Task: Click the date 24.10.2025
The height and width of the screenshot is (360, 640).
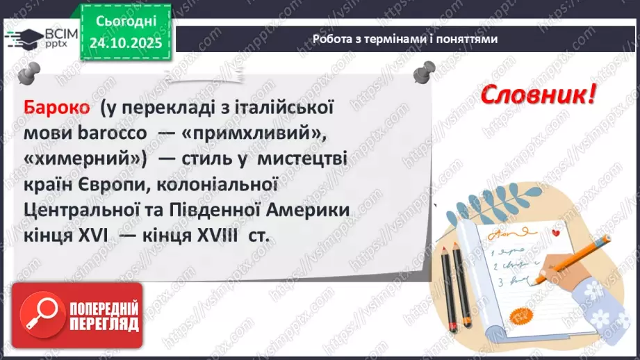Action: (125, 43)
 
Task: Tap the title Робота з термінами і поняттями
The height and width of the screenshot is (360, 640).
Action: (405, 39)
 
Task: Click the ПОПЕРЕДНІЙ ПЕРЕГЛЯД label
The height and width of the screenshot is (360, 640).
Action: (103, 316)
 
